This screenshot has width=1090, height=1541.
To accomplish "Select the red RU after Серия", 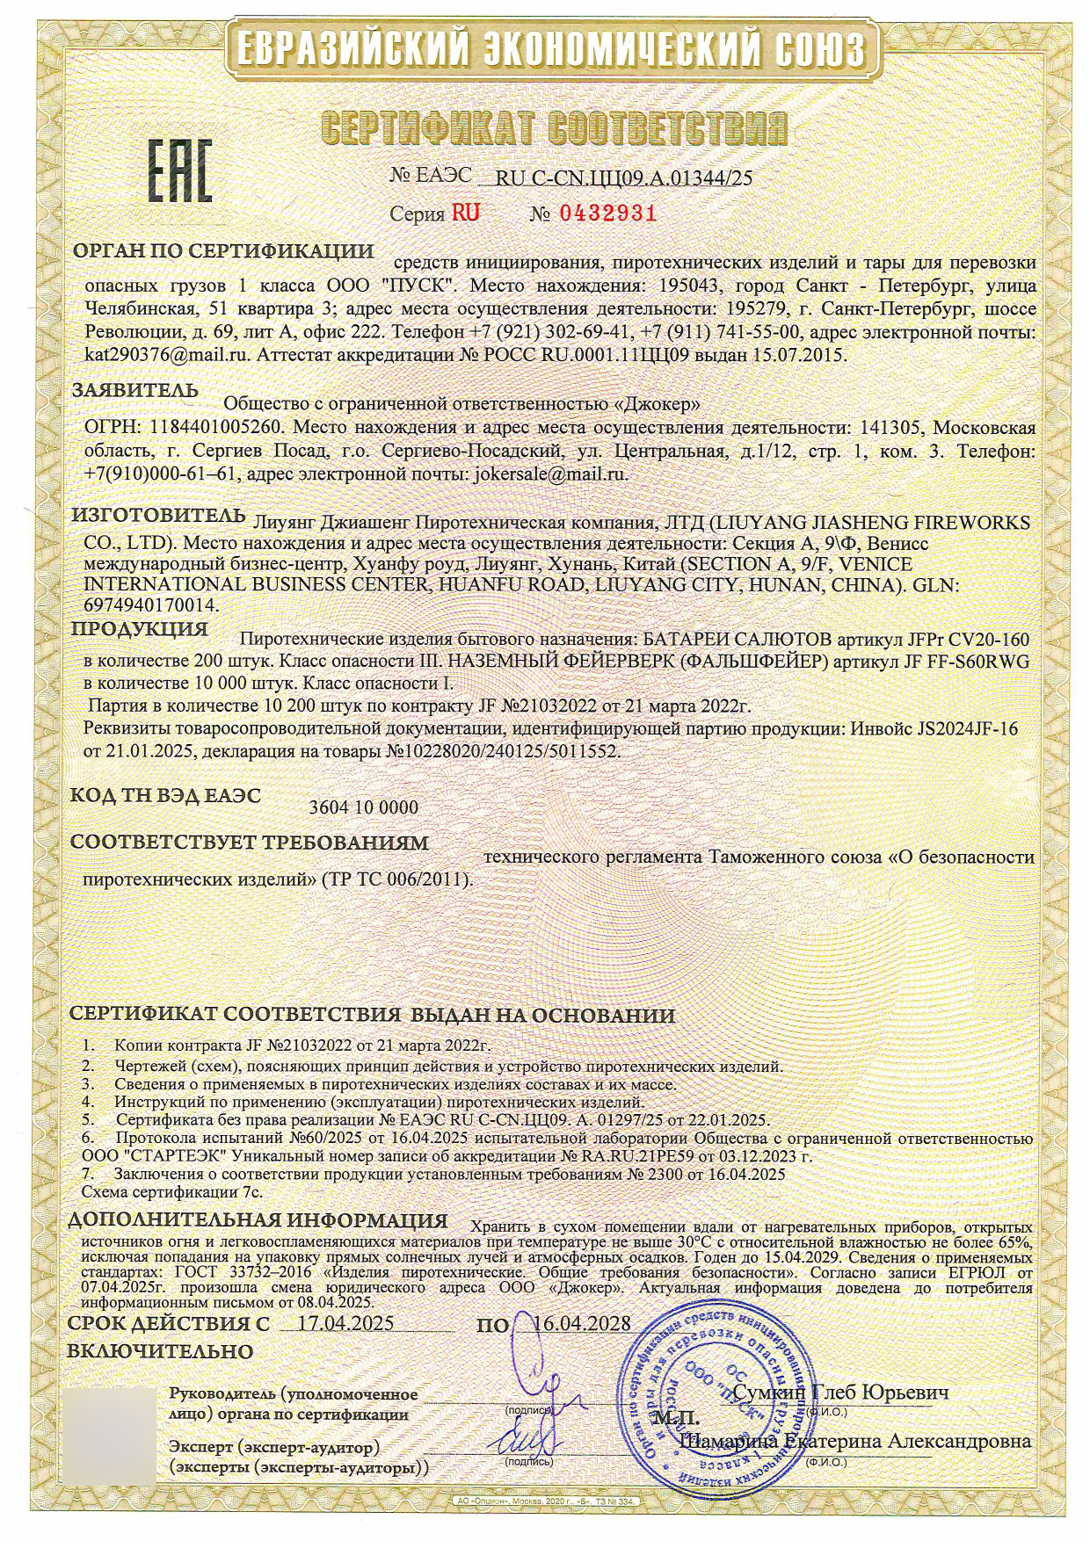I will coord(465,213).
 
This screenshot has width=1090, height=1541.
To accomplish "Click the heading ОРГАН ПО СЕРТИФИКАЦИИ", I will coord(222,251).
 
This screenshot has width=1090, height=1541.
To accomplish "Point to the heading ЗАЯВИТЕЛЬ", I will coord(134,389).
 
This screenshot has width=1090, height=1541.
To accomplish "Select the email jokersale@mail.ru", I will coord(550,474).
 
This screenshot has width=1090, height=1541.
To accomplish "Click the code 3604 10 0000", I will coord(364,807).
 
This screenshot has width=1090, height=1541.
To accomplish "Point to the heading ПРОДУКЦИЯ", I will coord(139,629).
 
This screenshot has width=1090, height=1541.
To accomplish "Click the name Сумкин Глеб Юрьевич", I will coord(840,1393).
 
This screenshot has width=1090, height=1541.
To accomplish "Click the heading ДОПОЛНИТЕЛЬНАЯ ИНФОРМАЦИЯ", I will coord(258,1220).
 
